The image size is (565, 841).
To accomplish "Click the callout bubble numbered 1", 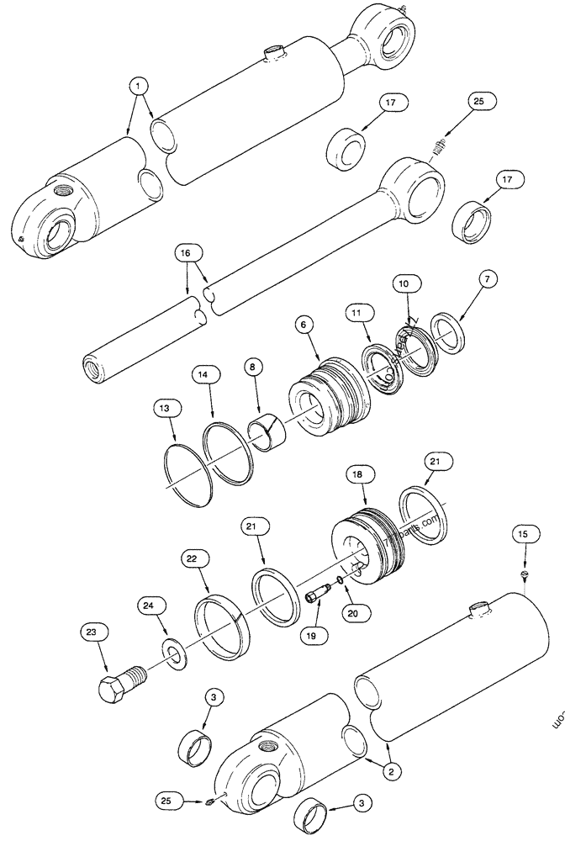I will [x=139, y=84].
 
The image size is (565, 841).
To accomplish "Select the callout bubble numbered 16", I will [x=186, y=251].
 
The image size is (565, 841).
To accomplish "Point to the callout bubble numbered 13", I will [x=166, y=408].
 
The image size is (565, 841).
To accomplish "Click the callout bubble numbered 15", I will [x=524, y=534].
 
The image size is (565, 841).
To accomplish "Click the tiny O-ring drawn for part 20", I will [x=339, y=579].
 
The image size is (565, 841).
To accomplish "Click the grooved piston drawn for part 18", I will [x=370, y=538].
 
